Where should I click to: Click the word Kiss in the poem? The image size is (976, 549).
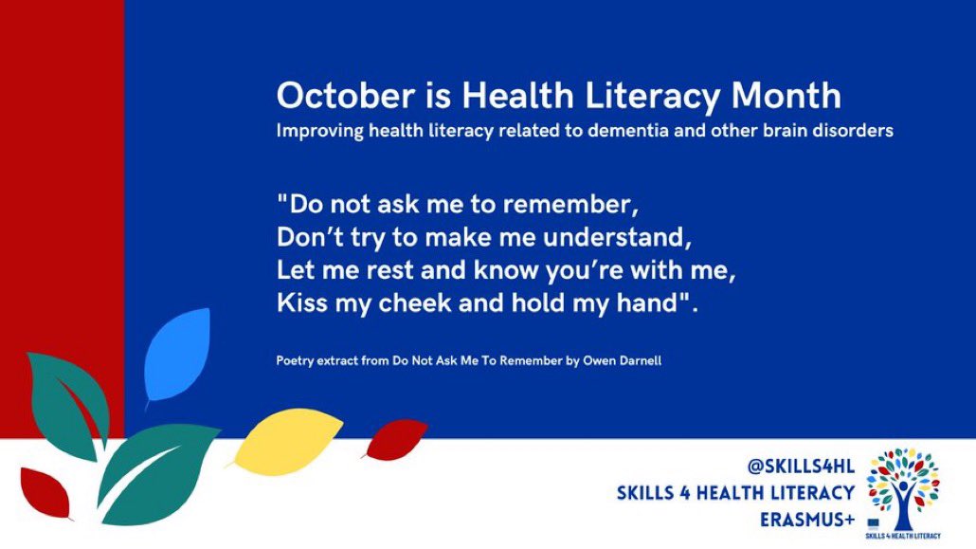pyautogui.click(x=298, y=303)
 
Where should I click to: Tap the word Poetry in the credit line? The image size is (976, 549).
pyautogui.click(x=297, y=361)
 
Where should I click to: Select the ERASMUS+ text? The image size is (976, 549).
pyautogui.click(x=808, y=518)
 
